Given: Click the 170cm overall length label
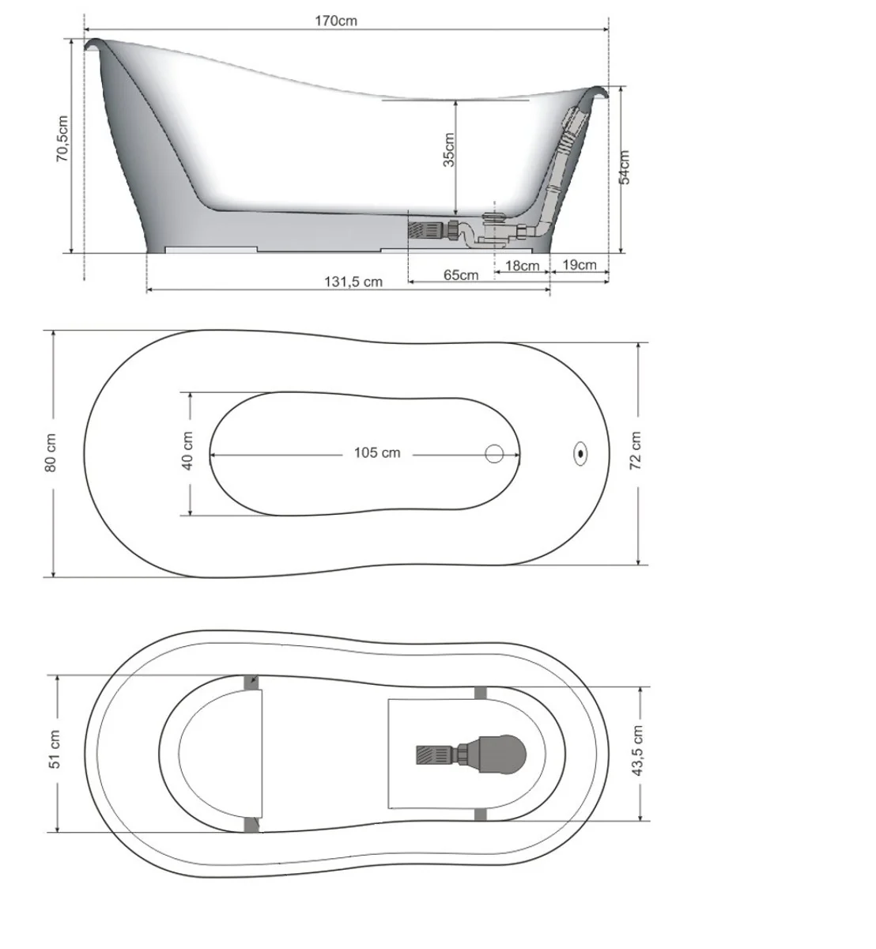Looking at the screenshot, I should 337,21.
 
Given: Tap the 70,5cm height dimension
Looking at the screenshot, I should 63,138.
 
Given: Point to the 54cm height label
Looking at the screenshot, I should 625,167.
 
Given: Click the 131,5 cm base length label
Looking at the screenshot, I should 353,282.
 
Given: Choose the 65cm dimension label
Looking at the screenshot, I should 460,275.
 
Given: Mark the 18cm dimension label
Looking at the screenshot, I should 522,266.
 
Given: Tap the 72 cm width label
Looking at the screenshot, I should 636,452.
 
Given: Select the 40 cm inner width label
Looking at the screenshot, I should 188,451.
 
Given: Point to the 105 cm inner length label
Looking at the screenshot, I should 377,452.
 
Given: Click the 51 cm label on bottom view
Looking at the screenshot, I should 55,750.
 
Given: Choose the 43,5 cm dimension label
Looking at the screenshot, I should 638,751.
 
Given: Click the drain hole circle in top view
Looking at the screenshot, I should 495,453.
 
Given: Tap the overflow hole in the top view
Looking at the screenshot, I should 581,453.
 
